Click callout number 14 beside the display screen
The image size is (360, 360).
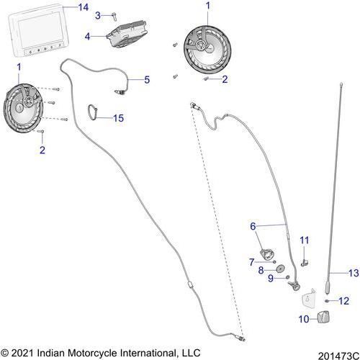point(84,7)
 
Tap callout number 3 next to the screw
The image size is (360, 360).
point(98,16)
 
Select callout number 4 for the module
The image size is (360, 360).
point(87,37)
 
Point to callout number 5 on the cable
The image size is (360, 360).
point(147,80)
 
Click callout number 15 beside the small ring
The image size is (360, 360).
point(118,118)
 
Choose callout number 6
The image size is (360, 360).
point(253,226)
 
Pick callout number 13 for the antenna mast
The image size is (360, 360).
point(354,273)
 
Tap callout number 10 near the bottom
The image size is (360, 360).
point(304,319)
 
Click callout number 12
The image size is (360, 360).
point(343,301)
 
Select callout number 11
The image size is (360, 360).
point(305,240)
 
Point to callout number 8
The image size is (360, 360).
point(261,271)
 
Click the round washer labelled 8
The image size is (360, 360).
point(280,269)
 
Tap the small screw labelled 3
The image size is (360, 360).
point(114,17)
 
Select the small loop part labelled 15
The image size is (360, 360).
point(92,112)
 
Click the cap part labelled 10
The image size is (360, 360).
point(323,317)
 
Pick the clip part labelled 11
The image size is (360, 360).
point(305,263)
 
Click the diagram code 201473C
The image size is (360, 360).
point(338,356)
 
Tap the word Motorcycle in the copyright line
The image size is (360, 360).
point(92,353)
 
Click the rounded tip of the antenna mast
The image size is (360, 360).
point(341,84)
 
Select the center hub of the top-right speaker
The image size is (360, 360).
point(200,45)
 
